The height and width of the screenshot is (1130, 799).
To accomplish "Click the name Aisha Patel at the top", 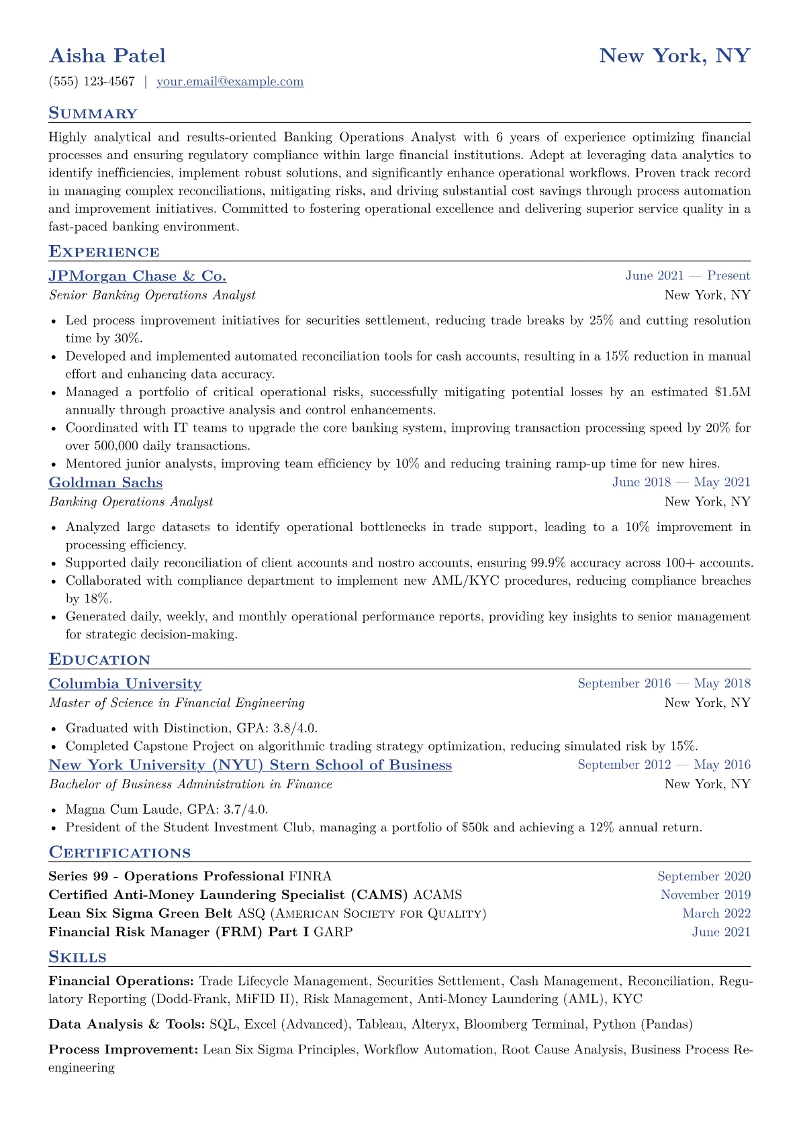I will (x=107, y=56).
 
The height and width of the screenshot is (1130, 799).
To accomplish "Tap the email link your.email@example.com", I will (x=230, y=82).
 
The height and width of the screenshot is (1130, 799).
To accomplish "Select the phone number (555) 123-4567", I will (x=92, y=82).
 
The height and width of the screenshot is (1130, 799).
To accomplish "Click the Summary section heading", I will (x=93, y=113).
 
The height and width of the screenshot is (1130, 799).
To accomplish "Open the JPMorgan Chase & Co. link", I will (x=138, y=276).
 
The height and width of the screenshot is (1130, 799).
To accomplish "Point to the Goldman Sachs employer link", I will (x=105, y=483).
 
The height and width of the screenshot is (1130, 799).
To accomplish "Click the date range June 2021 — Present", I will (x=688, y=276).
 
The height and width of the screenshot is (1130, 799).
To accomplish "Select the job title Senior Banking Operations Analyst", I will (x=152, y=295).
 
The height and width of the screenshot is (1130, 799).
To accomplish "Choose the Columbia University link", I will (x=125, y=684).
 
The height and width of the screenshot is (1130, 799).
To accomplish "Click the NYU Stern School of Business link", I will (x=250, y=765).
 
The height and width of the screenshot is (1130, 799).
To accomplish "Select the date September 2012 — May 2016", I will (x=664, y=765).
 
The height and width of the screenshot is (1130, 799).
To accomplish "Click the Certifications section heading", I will (x=120, y=853).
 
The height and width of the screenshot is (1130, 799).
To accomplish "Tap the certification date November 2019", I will (x=706, y=895).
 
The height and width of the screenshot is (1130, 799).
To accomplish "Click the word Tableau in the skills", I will (x=380, y=1025).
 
